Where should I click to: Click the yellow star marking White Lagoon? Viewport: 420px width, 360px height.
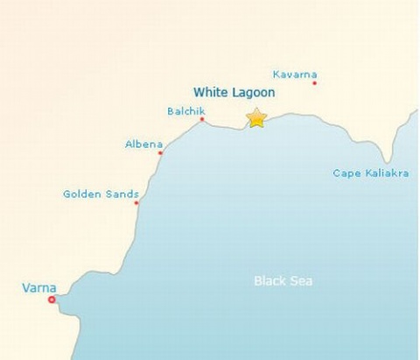[x=256, y=117]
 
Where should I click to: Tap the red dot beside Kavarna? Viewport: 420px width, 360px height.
[x=314, y=83]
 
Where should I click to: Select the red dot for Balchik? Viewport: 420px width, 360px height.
[x=202, y=120]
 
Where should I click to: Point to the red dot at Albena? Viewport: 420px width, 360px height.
[x=160, y=153]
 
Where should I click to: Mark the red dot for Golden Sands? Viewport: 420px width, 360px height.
[x=136, y=203]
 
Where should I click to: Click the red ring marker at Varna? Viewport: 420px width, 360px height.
[x=52, y=300]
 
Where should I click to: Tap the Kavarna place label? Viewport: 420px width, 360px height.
[x=295, y=74]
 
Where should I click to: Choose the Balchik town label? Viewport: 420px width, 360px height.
[x=184, y=111]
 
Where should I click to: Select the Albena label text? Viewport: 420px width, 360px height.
[x=143, y=144]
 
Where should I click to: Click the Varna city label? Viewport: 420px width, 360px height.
[x=39, y=287]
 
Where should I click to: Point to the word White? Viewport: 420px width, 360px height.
[x=210, y=92]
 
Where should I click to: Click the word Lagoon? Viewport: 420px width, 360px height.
[x=253, y=92]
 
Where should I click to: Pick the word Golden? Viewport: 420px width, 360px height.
[x=83, y=194]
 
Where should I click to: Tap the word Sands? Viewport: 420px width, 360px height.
[x=122, y=194]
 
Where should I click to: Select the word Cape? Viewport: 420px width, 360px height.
[x=346, y=173]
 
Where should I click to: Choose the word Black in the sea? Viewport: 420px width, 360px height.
[x=269, y=281]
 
